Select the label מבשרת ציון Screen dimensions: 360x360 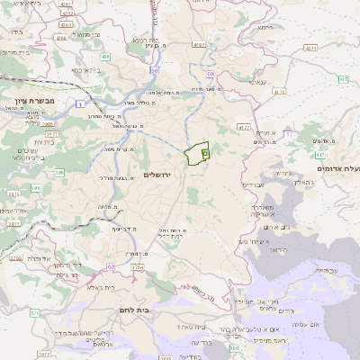(x=35, y=100)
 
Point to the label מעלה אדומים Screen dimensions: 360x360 (x=337, y=168)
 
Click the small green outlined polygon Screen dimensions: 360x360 (x=197, y=154)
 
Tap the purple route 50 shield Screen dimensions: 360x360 (x=155, y=69)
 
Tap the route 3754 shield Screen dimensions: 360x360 (x=138, y=267)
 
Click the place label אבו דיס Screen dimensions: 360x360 (x=251, y=184)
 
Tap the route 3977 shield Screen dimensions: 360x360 (x=13, y=223)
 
